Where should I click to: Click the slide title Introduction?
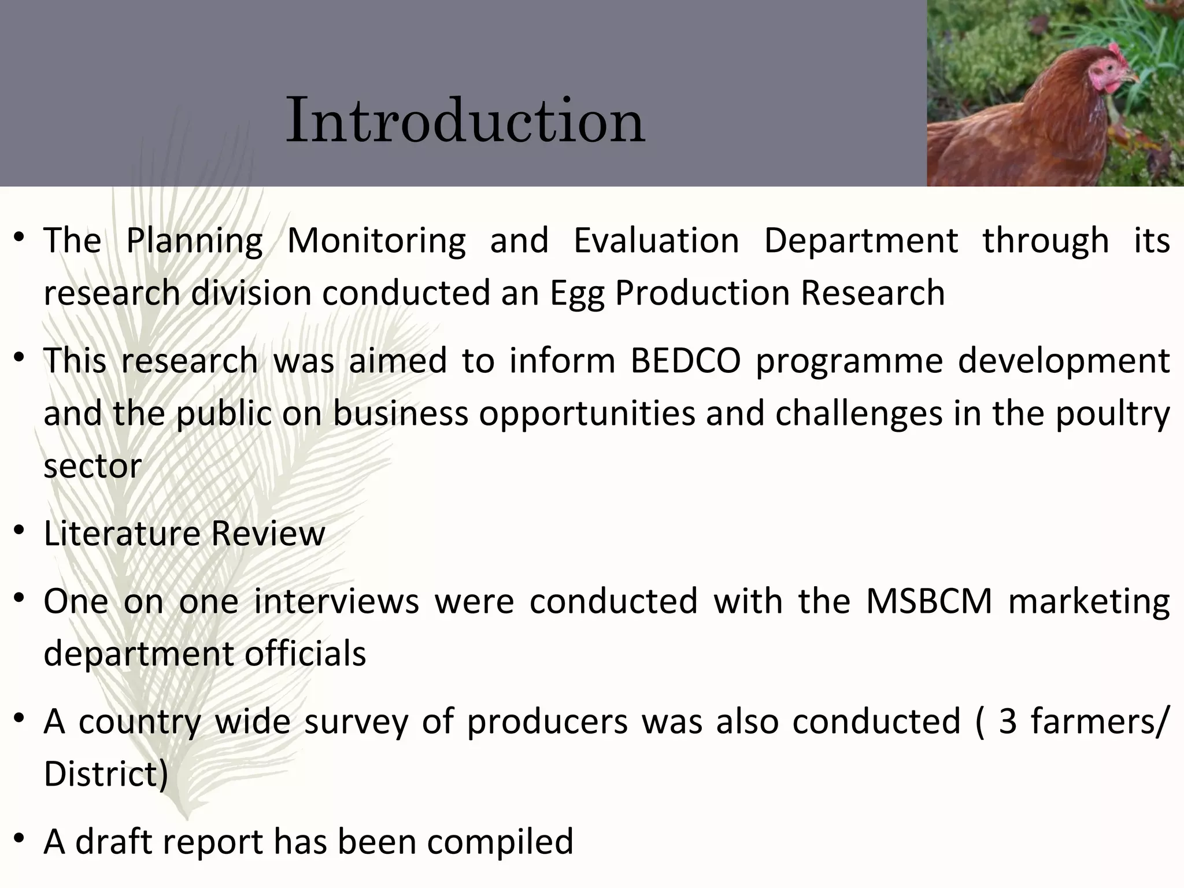coord(465,120)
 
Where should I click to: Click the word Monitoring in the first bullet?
coord(376,240)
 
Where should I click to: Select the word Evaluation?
coord(656,240)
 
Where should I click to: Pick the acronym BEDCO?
coord(686,361)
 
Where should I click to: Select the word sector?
coord(92,466)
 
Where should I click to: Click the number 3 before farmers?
coord(1008,721)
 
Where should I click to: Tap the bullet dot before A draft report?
coord(20,839)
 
